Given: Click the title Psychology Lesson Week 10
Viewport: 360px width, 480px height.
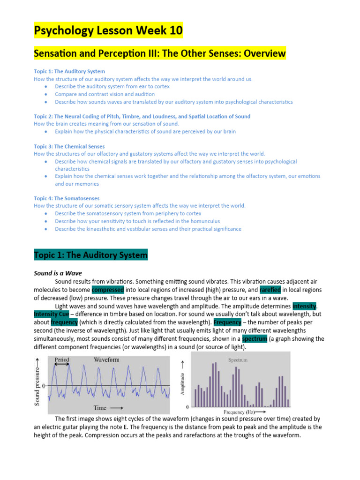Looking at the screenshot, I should [x=108, y=31].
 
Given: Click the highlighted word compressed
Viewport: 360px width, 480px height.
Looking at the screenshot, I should [x=108, y=289].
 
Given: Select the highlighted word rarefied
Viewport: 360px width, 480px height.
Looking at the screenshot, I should [x=270, y=289].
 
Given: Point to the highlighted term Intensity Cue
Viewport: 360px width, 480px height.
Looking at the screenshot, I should [x=51, y=314].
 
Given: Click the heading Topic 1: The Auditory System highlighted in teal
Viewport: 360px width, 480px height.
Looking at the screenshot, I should [x=90, y=255].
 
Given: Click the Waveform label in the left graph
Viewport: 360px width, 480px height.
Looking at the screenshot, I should [x=106, y=360].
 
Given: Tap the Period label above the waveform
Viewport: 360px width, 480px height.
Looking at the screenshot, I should [x=62, y=360].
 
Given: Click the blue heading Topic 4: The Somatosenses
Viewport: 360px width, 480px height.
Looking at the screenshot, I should [x=67, y=198].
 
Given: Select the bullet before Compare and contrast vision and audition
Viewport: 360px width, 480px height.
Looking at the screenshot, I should [x=45, y=94].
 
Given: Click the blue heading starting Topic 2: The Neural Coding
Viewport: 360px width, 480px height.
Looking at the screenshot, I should [x=142, y=116].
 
